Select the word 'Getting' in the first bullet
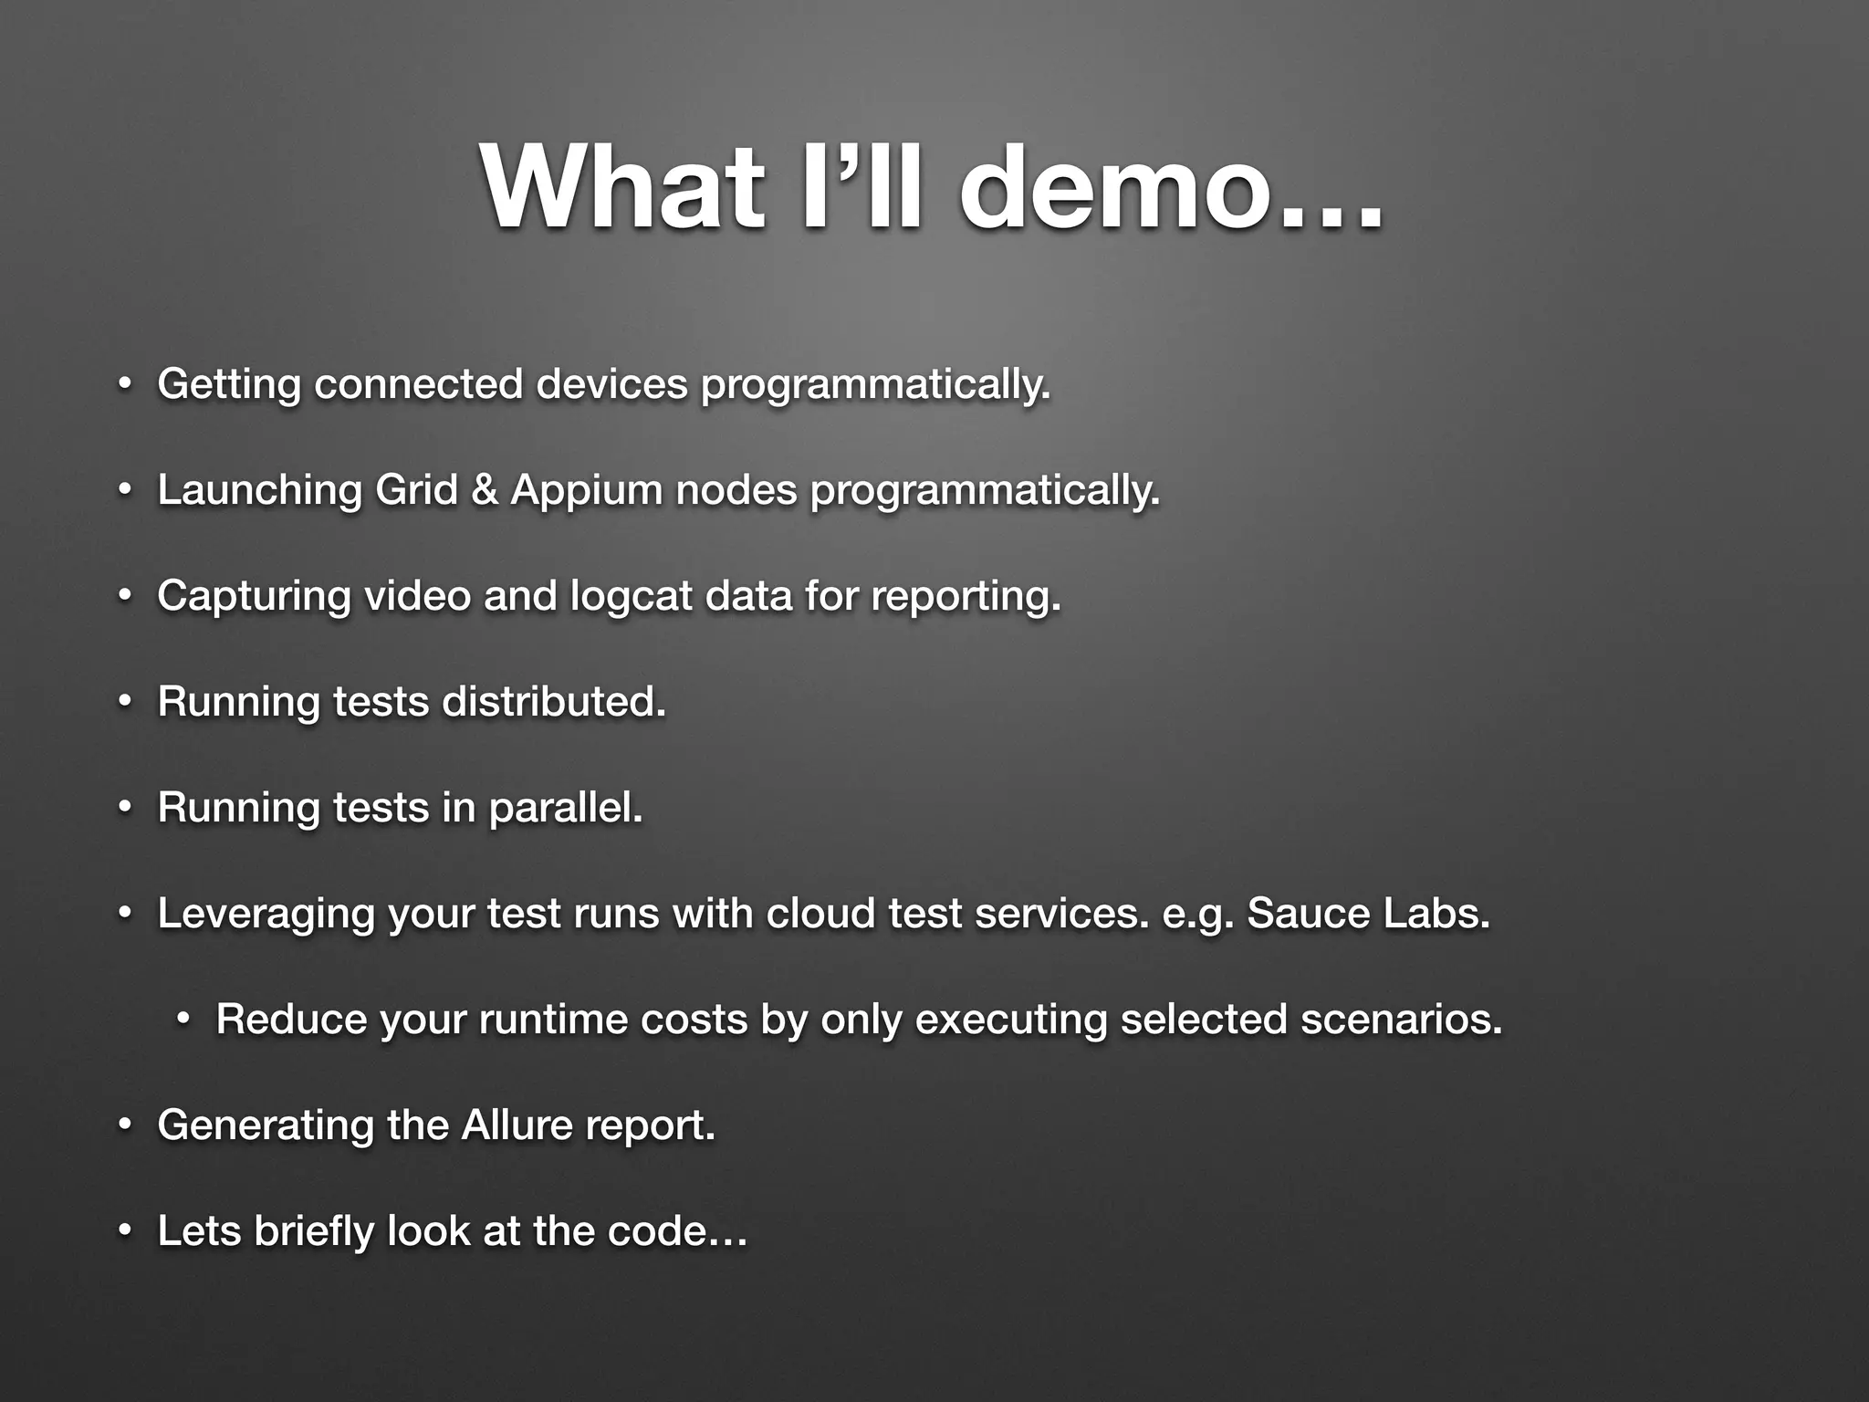(229, 384)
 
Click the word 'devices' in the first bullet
(611, 384)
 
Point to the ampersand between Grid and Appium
(485, 490)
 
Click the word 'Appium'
(586, 490)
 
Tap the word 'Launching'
(259, 490)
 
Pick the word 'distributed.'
(553, 702)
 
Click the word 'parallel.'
(566, 808)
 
